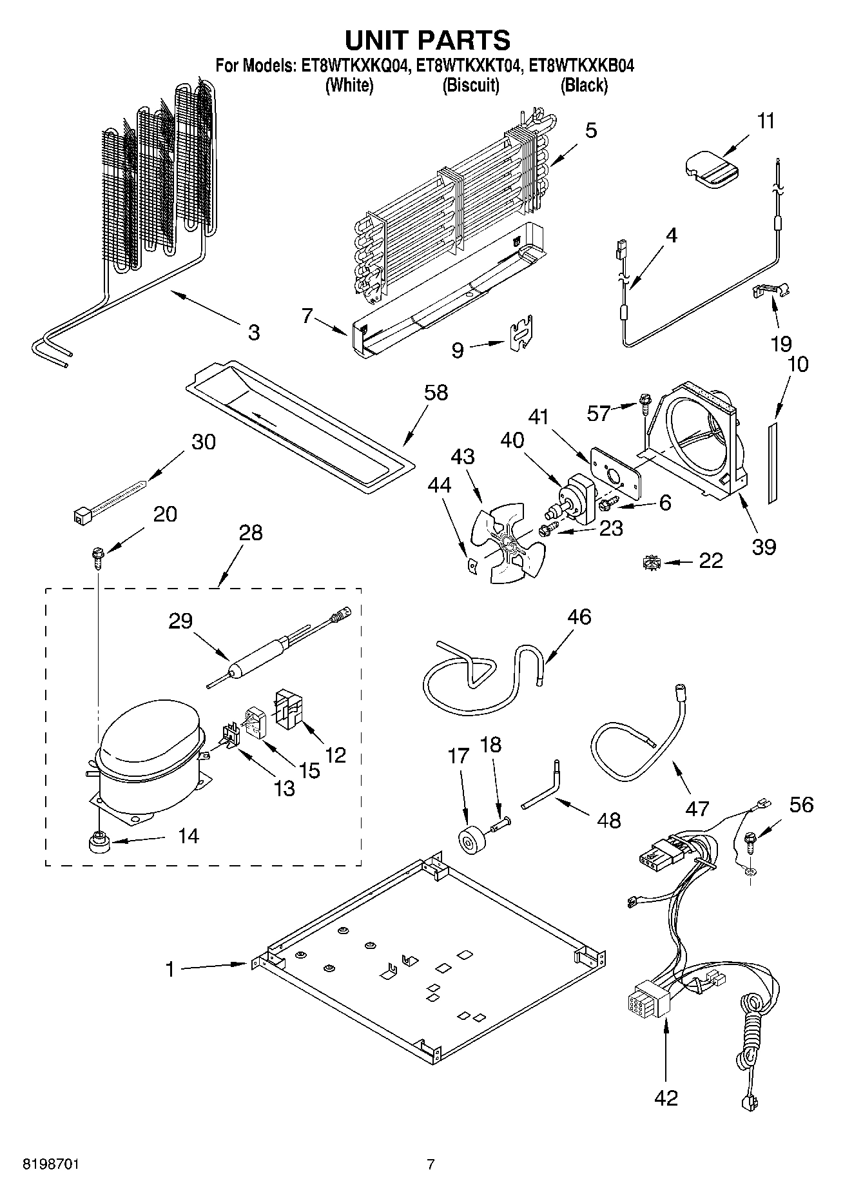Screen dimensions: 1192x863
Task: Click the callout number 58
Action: [436, 393]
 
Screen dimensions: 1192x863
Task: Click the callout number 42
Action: [666, 1097]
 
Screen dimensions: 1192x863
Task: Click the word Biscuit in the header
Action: [470, 85]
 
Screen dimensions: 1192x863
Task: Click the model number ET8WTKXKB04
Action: [581, 65]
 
